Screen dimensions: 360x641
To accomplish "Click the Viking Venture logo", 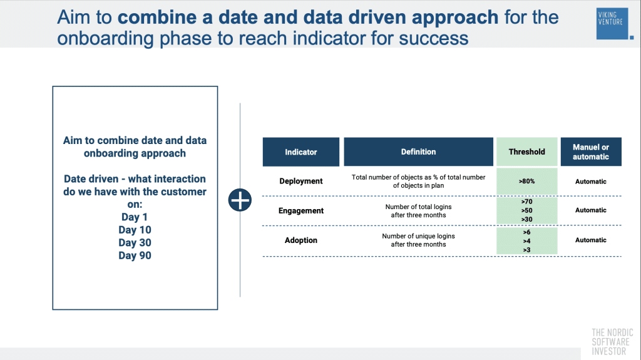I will click(612, 24).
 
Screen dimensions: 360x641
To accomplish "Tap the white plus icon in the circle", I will click(240, 200).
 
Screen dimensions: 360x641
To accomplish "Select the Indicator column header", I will click(301, 152).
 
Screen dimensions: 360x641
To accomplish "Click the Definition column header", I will click(418, 152).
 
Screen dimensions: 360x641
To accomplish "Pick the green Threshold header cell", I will click(526, 152).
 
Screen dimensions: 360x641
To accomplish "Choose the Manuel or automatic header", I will click(590, 152).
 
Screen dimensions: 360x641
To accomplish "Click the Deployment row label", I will click(301, 181).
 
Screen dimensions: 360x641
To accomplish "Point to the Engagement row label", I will click(301, 210).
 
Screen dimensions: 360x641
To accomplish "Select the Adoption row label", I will click(301, 240).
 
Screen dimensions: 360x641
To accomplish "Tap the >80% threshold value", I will click(526, 182).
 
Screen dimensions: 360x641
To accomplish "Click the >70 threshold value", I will click(526, 202).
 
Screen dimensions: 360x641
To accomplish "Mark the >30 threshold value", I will click(526, 219).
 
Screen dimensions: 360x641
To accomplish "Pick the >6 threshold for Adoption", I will click(526, 232).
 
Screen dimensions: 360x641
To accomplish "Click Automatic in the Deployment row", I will click(590, 182).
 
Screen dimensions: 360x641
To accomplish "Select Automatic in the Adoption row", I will click(590, 240).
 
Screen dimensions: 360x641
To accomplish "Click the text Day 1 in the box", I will click(135, 217).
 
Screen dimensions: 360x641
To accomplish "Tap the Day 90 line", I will click(135, 255).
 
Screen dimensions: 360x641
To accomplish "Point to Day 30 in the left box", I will click(135, 243).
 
